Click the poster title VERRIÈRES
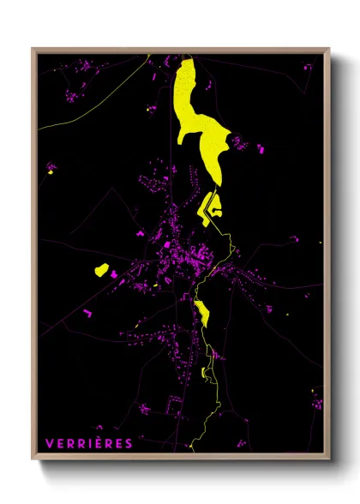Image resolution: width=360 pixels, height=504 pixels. (89, 443)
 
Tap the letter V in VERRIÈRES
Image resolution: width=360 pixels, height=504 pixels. (49, 443)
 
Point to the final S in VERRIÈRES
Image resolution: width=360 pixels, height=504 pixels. (129, 443)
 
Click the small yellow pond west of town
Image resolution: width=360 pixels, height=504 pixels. (101, 271)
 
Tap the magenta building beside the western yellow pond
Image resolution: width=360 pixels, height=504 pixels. (112, 273)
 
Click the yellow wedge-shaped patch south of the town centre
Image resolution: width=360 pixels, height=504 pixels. (203, 315)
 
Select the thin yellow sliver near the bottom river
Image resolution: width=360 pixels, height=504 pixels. (204, 372)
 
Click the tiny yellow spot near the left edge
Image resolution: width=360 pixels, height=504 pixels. (51, 172)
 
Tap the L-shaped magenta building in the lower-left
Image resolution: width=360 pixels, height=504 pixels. (87, 314)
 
